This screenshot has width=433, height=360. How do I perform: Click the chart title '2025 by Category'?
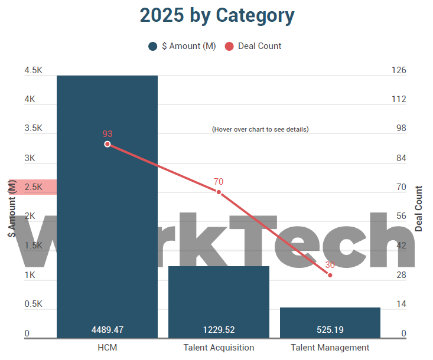pyautogui.click(x=217, y=15)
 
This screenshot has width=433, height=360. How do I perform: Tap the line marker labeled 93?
pyautogui.click(x=107, y=144)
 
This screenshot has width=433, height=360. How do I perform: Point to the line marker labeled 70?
pyautogui.click(x=219, y=192)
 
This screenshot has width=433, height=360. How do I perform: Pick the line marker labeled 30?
pyautogui.click(x=330, y=275)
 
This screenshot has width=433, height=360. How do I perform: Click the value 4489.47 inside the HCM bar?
pyautogui.click(x=107, y=329)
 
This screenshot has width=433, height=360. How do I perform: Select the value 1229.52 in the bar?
pyautogui.click(x=219, y=329)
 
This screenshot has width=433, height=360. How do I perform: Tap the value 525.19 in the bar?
pyautogui.click(x=330, y=329)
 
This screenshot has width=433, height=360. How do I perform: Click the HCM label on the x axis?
pyautogui.click(x=107, y=348)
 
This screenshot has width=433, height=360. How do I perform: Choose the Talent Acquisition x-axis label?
pyautogui.click(x=219, y=348)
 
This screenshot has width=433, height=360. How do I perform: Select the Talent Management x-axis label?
pyautogui.click(x=330, y=348)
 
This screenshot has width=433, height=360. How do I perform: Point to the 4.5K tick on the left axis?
pyautogui.click(x=33, y=70)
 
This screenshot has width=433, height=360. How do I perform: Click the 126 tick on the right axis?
pyautogui.click(x=399, y=70)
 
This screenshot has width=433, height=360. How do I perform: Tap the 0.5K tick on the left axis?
pyautogui.click(x=33, y=305)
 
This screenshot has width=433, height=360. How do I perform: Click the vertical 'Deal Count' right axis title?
pyautogui.click(x=419, y=208)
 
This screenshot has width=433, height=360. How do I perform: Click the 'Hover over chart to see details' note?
pyautogui.click(x=260, y=129)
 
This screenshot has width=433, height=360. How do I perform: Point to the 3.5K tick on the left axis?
pyautogui.click(x=33, y=129)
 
